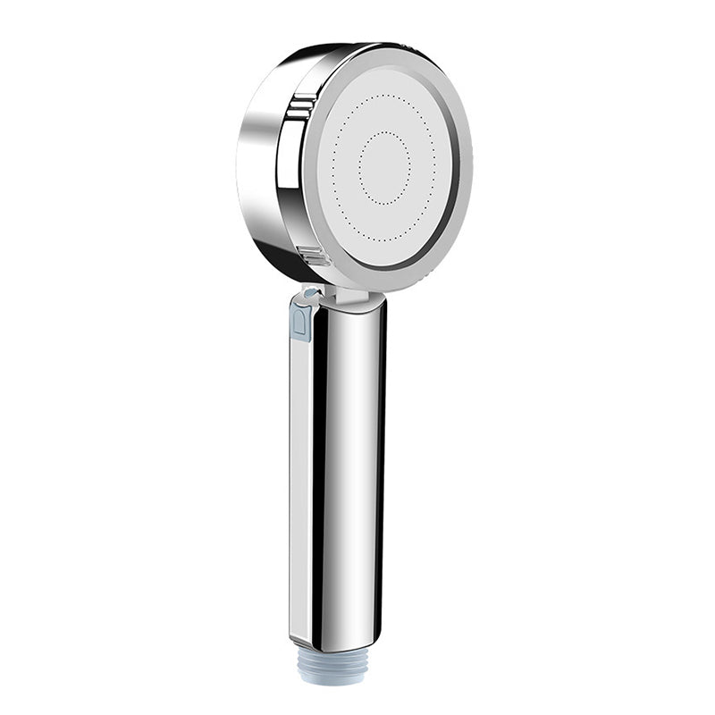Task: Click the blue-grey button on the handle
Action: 301,320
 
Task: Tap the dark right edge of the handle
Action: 382,465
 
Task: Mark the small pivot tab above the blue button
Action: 308,292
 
